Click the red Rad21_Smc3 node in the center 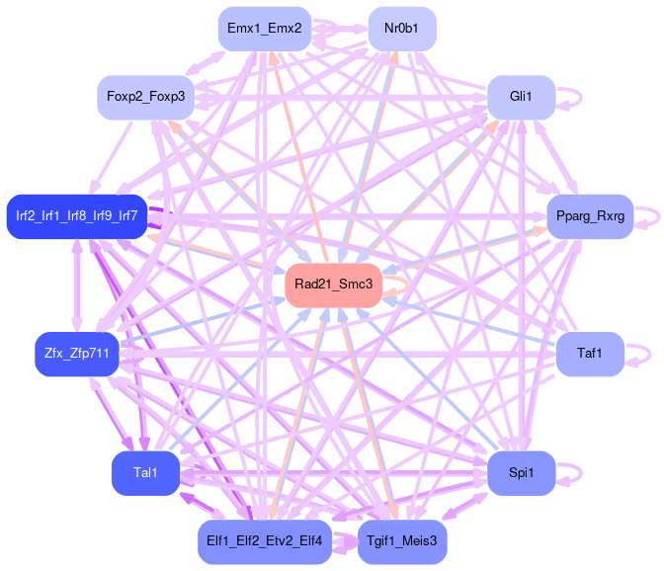coord(334,285)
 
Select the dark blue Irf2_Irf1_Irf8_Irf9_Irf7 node coord(76,216)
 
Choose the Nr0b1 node coord(402,29)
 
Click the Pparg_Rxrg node coord(590,216)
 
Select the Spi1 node coord(521,473)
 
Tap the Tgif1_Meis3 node coord(402,541)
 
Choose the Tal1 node coord(145,473)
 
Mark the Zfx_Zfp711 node coord(76,353)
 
